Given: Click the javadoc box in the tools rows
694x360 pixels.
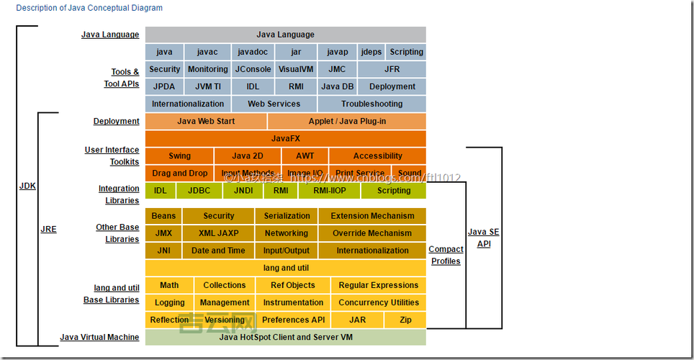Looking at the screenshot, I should click(x=253, y=52).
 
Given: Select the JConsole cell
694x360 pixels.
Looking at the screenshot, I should click(x=253, y=69).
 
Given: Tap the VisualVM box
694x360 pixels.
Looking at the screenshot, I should click(x=296, y=69).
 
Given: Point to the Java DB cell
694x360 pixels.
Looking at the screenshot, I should click(x=337, y=86).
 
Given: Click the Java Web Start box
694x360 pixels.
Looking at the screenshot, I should click(x=206, y=121).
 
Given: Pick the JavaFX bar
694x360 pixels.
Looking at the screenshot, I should click(x=285, y=138).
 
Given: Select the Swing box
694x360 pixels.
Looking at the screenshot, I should click(x=179, y=156).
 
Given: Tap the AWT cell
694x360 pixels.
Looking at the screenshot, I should click(x=305, y=156).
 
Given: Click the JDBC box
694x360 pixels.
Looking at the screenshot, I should click(x=199, y=191).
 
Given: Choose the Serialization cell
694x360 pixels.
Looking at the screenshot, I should click(x=287, y=216).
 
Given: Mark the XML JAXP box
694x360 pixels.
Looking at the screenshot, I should click(x=219, y=233).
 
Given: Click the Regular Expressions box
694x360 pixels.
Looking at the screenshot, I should click(x=378, y=285).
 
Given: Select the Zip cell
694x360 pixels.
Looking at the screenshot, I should click(x=405, y=320).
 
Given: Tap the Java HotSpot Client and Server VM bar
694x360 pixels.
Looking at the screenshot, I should click(x=285, y=337).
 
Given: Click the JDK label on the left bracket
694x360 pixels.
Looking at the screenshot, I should click(x=27, y=186).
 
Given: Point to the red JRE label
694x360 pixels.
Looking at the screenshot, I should click(x=48, y=229).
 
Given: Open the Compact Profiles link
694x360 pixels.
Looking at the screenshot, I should click(x=446, y=255).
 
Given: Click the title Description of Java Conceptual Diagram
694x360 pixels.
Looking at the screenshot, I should click(x=89, y=8).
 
